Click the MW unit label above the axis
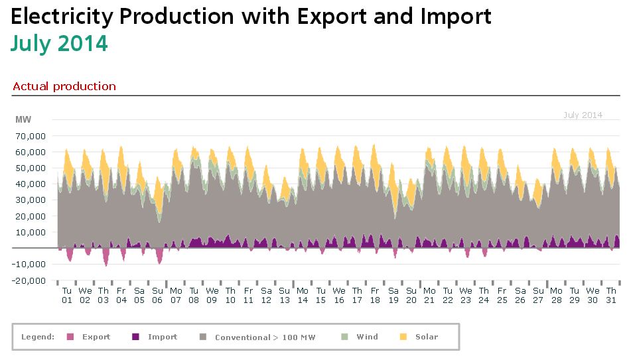(23, 119)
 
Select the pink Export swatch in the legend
(70, 337)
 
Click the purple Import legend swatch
(136, 337)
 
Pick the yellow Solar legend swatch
(403, 337)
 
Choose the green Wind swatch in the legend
(344, 337)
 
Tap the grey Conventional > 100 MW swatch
(202, 337)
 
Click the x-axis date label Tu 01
(67, 295)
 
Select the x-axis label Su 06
(158, 295)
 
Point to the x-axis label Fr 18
(375, 295)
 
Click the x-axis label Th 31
(610, 295)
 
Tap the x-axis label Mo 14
(303, 295)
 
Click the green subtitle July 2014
(59, 43)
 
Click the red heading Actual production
(64, 87)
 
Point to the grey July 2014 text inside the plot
(583, 115)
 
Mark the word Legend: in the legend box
(38, 337)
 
